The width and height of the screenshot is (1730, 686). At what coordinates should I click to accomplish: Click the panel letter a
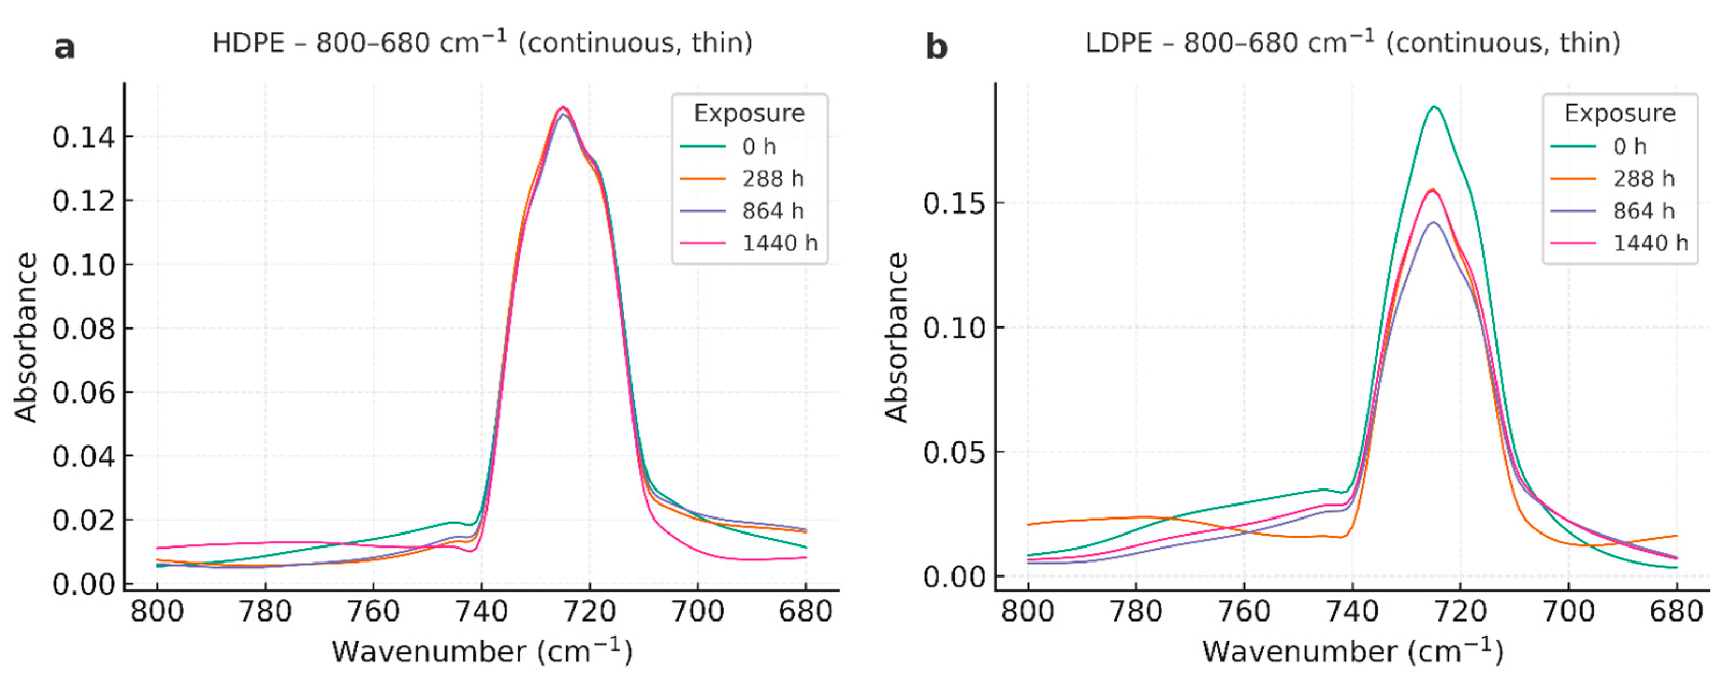coord(64,47)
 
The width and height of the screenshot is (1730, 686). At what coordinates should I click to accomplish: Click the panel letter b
coord(936,47)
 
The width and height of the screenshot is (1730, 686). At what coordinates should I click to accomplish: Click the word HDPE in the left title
coord(249,43)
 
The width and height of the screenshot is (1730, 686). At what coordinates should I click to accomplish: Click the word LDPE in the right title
coord(1120,43)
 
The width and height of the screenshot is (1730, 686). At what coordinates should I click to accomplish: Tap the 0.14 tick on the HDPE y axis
coord(83,137)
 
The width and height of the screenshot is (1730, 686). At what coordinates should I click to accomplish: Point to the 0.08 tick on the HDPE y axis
coord(83,329)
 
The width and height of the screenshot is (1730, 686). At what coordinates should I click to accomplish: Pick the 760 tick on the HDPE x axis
coord(373,611)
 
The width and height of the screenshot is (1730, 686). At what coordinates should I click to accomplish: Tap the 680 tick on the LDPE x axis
coord(1676,611)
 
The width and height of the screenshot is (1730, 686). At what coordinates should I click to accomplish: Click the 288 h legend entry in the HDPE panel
coord(772,179)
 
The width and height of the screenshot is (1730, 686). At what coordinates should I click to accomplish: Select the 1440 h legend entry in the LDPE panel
coord(1650,243)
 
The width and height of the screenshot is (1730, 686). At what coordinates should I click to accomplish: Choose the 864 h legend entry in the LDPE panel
coord(1644,211)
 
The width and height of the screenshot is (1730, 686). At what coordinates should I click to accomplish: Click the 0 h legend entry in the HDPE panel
coord(759,147)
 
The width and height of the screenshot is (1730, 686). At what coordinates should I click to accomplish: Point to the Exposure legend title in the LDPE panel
coord(1620,113)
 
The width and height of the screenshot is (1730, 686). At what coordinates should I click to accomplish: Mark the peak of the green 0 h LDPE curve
coord(1434,107)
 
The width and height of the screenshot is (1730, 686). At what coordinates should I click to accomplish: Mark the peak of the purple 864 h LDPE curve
coord(1433,222)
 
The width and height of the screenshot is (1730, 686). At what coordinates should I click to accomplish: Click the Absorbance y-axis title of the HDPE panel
coord(26,337)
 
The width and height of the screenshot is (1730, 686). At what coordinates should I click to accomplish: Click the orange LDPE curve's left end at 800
coord(1028,524)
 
